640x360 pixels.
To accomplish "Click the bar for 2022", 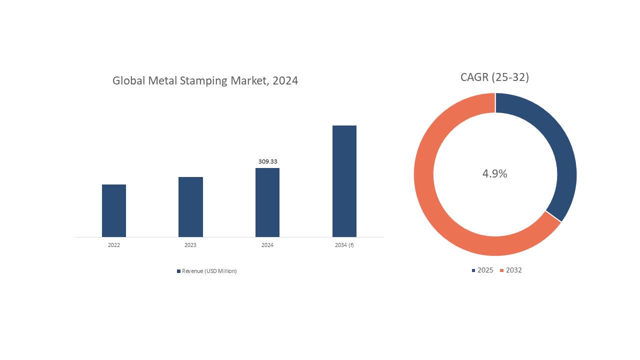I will [x=114, y=210].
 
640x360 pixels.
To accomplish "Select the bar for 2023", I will [x=190, y=207].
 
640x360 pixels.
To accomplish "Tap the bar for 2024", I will [x=267, y=202].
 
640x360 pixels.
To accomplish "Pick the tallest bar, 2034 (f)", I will [x=344, y=181].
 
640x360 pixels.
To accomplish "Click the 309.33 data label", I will [x=267, y=161].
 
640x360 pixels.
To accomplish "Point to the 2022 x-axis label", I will [x=114, y=245].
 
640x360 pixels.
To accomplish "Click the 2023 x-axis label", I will [x=190, y=245].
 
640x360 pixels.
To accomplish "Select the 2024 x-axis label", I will [x=267, y=245].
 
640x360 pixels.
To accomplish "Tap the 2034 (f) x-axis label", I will [x=344, y=245].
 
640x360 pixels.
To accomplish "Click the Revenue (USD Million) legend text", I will [x=209, y=271].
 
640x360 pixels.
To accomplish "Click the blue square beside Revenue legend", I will [x=178, y=271].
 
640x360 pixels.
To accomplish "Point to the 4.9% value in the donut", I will [x=494, y=173].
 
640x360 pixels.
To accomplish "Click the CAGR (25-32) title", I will [x=494, y=77].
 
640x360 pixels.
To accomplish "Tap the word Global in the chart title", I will [x=128, y=80].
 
